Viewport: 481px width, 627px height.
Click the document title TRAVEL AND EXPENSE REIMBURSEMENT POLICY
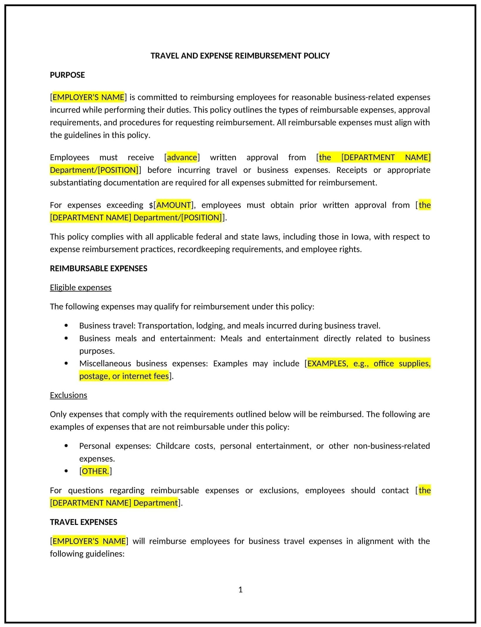point(240,56)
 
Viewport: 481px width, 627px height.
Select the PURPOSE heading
point(67,75)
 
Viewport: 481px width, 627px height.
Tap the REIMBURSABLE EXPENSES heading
point(98,268)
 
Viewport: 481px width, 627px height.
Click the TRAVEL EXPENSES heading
point(84,522)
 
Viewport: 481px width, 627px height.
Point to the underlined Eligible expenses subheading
point(81,288)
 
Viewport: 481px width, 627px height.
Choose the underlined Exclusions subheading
point(68,395)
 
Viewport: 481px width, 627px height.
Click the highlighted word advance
point(182,158)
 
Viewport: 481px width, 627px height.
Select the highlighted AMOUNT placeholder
point(174,205)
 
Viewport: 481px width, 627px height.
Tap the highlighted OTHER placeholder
point(95,471)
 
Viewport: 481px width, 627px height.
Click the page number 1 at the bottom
point(240,589)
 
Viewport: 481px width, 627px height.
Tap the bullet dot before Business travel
point(66,325)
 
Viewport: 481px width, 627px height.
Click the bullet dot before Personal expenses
point(66,446)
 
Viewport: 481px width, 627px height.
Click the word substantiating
point(75,183)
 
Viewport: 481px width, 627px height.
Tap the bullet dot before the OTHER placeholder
point(66,471)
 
